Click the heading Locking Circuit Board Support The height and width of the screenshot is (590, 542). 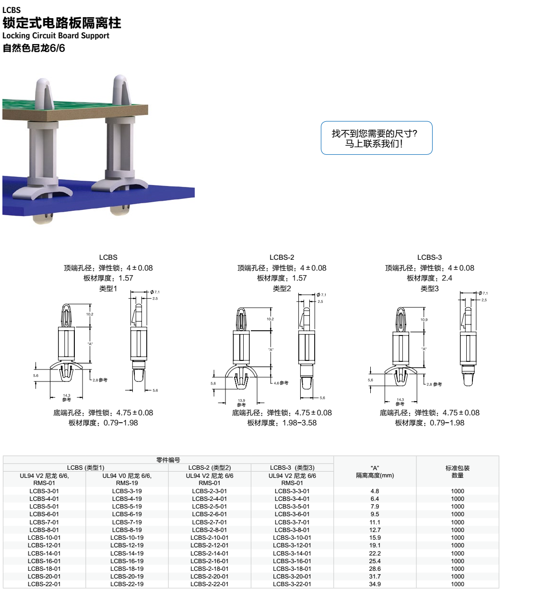[56, 35]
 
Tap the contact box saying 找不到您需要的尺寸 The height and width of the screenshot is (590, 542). [376, 138]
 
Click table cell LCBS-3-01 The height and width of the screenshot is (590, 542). [44, 491]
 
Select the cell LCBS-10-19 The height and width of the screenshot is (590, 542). [127, 537]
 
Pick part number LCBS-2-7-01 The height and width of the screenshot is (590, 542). [209, 522]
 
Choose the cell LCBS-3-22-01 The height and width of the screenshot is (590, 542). [292, 584]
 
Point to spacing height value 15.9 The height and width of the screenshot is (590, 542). [375, 537]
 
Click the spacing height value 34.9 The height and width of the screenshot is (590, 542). [375, 584]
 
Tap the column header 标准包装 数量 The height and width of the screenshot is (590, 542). [457, 472]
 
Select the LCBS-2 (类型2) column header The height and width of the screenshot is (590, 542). [209, 467]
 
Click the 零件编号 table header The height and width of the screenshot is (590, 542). [168, 460]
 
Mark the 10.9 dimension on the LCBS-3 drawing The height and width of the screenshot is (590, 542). [424, 320]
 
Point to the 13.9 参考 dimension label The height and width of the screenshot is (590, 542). [241, 403]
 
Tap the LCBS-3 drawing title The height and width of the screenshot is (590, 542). [429, 257]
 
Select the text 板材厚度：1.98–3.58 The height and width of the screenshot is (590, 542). [282, 423]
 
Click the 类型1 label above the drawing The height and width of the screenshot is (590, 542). [108, 288]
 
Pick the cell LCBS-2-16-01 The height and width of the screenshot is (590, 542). [209, 561]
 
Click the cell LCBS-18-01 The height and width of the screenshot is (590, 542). [44, 568]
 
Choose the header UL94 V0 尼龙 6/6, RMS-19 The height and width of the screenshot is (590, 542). [127, 479]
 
